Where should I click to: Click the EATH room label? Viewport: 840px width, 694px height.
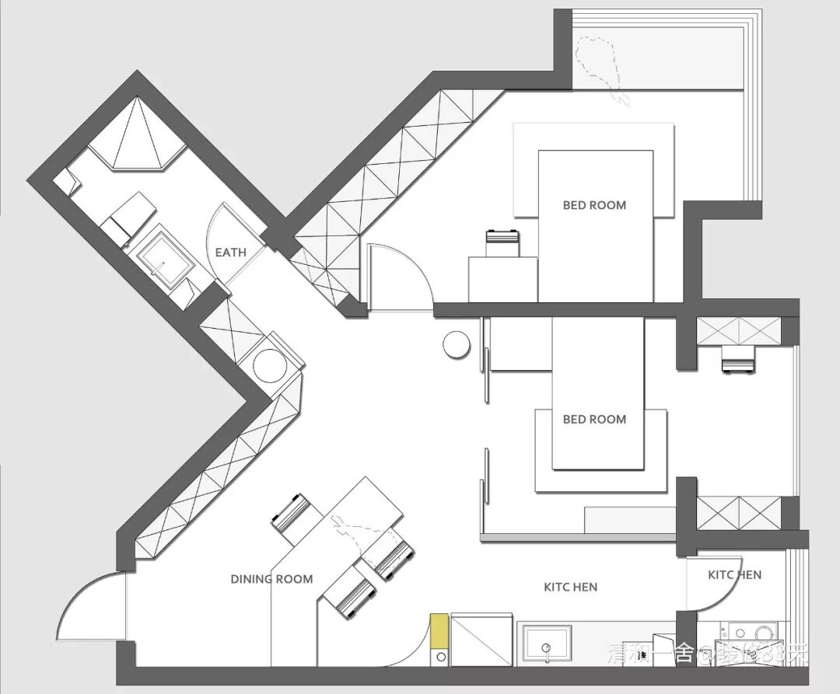pos(230,253)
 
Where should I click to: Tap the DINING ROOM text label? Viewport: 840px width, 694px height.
pos(271,579)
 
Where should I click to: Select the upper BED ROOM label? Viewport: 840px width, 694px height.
pos(594,205)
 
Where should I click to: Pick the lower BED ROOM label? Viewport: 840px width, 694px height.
pos(594,419)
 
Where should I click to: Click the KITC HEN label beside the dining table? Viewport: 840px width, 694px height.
pos(570,587)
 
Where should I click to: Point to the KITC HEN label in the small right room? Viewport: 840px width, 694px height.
pos(734,575)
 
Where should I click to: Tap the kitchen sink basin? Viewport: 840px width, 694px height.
pos(547,643)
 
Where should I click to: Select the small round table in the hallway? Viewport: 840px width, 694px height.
pos(456,345)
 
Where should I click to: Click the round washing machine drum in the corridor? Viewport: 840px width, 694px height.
pos(270,364)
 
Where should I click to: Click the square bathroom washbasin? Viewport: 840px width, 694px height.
pos(164,264)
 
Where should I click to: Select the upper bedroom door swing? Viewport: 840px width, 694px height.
pos(398,275)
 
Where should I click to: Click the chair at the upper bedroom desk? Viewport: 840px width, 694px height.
pos(502,243)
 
